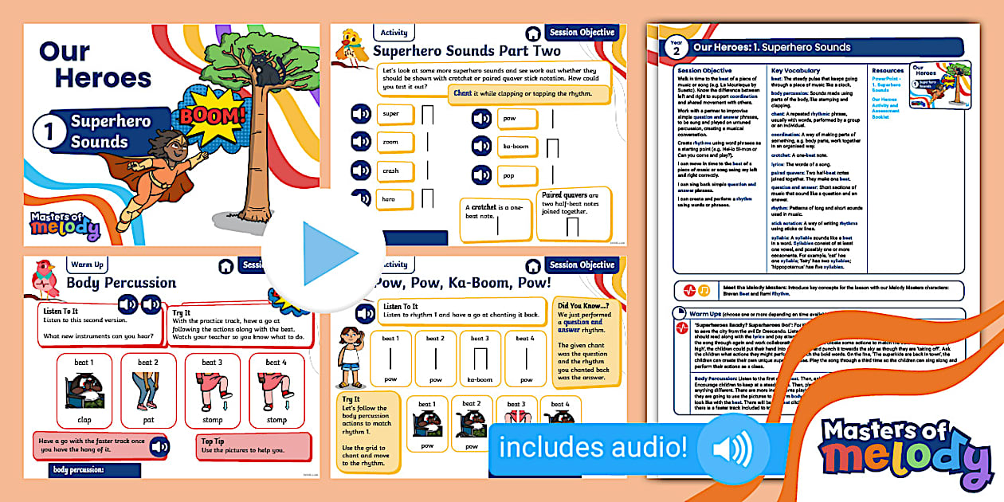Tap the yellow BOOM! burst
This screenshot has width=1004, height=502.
pyautogui.click(x=213, y=117)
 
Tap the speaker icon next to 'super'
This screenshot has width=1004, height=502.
pyautogui.click(x=362, y=115)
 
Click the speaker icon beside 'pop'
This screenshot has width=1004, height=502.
pyautogui.click(x=481, y=175)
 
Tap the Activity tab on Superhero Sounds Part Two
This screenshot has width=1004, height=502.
pyautogui.click(x=394, y=33)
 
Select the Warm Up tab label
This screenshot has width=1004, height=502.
pyautogui.click(x=87, y=265)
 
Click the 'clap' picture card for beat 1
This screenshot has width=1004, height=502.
pyautogui.click(x=84, y=390)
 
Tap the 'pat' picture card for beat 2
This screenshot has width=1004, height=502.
pyautogui.click(x=147, y=390)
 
